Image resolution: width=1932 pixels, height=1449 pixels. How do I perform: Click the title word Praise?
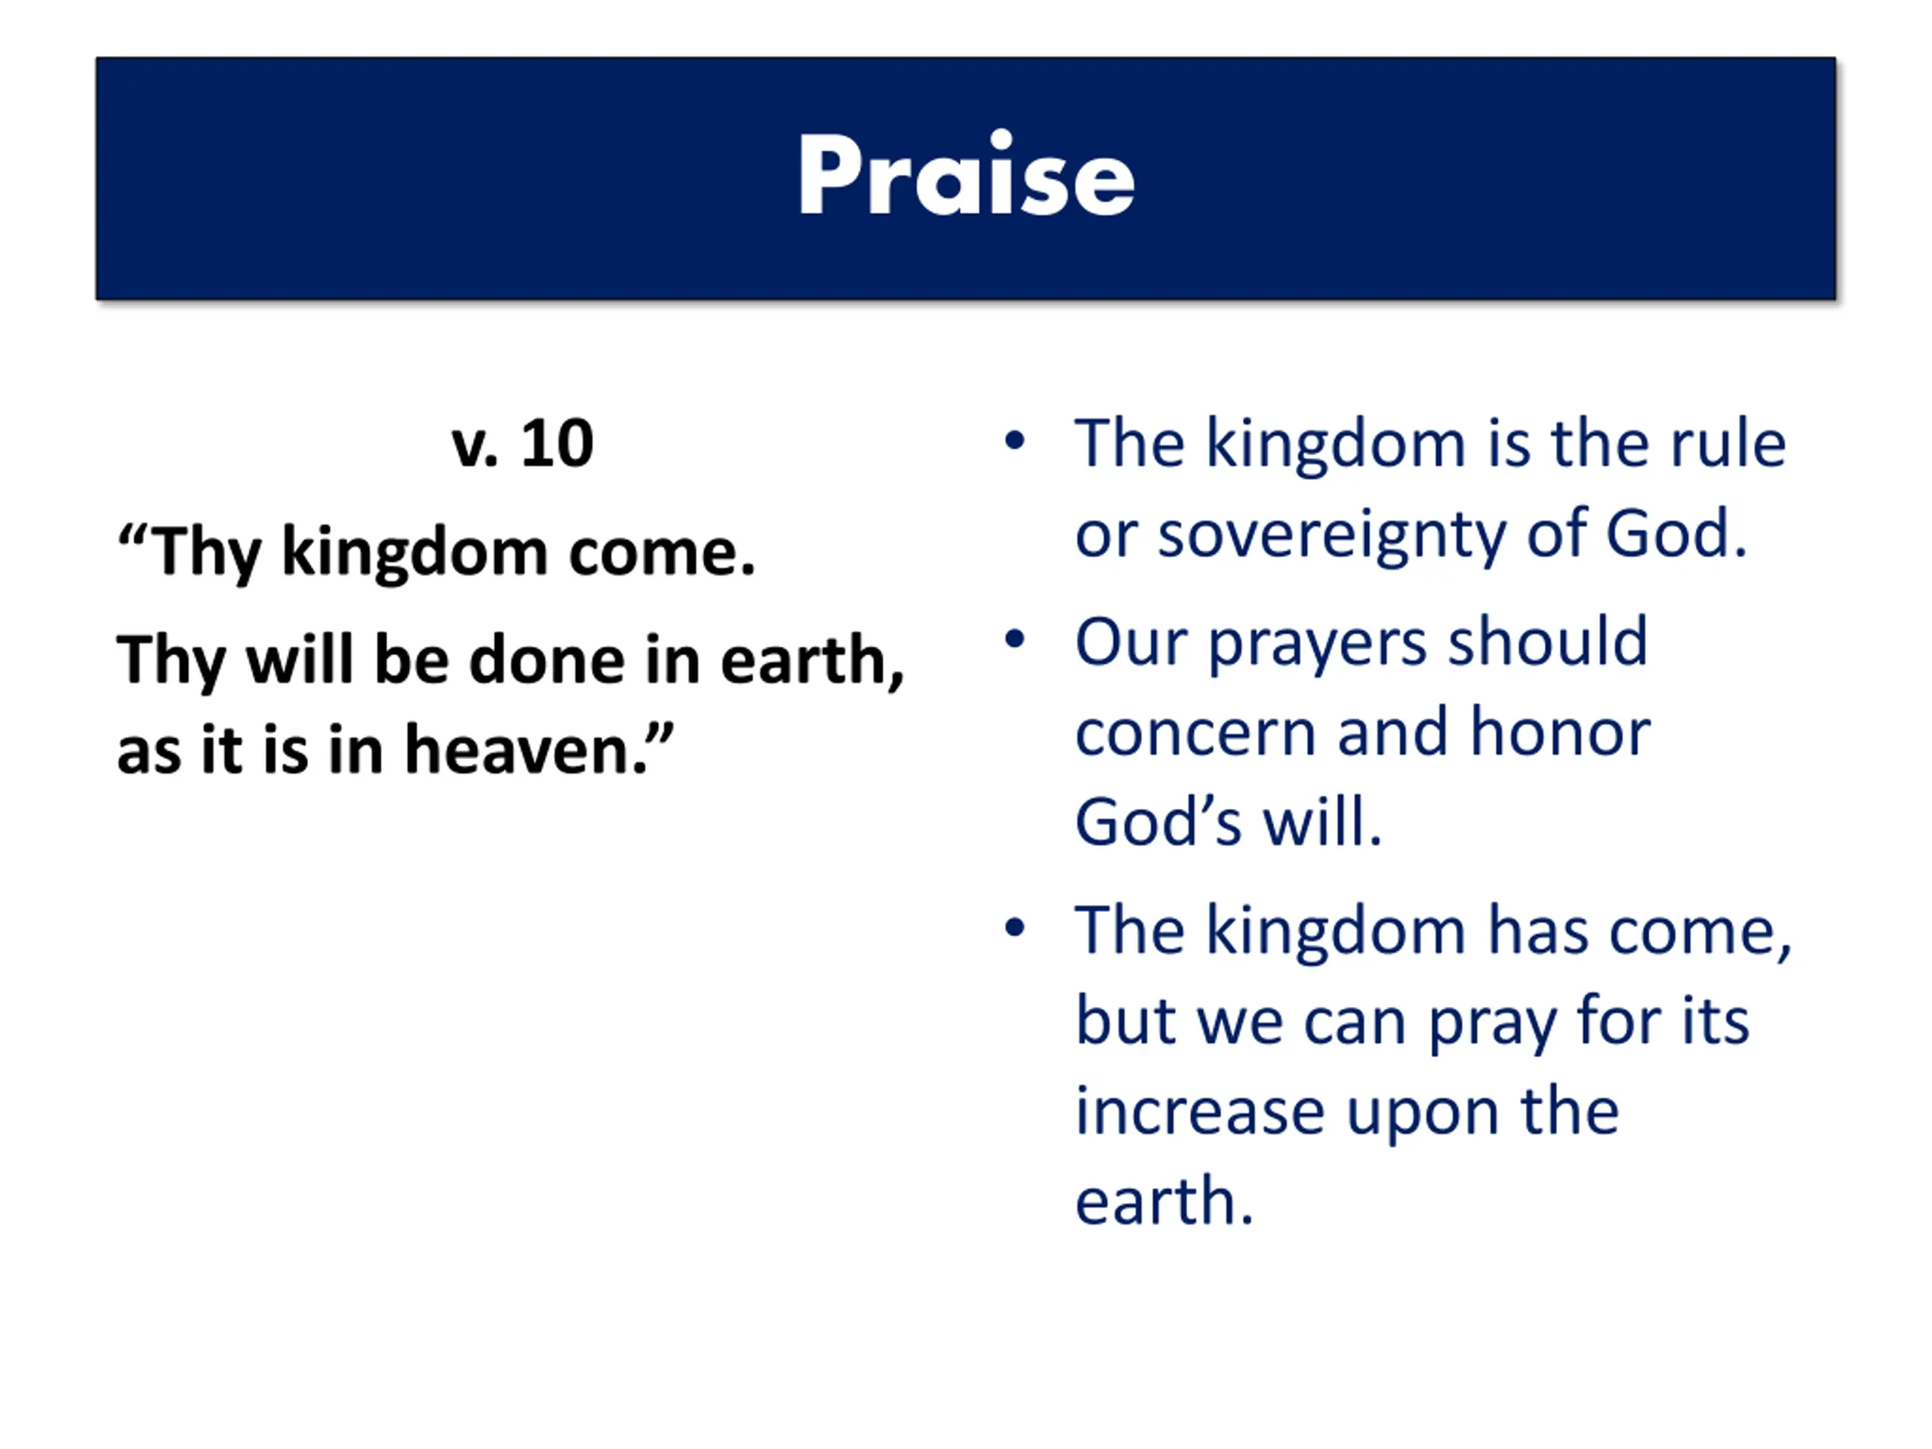pyautogui.click(x=966, y=174)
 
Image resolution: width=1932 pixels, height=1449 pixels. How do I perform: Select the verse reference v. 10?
pyautogui.click(x=522, y=444)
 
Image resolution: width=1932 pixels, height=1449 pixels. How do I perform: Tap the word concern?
pyautogui.click(x=1195, y=734)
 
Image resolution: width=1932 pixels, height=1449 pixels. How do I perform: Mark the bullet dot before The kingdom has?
pyautogui.click(x=1014, y=928)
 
